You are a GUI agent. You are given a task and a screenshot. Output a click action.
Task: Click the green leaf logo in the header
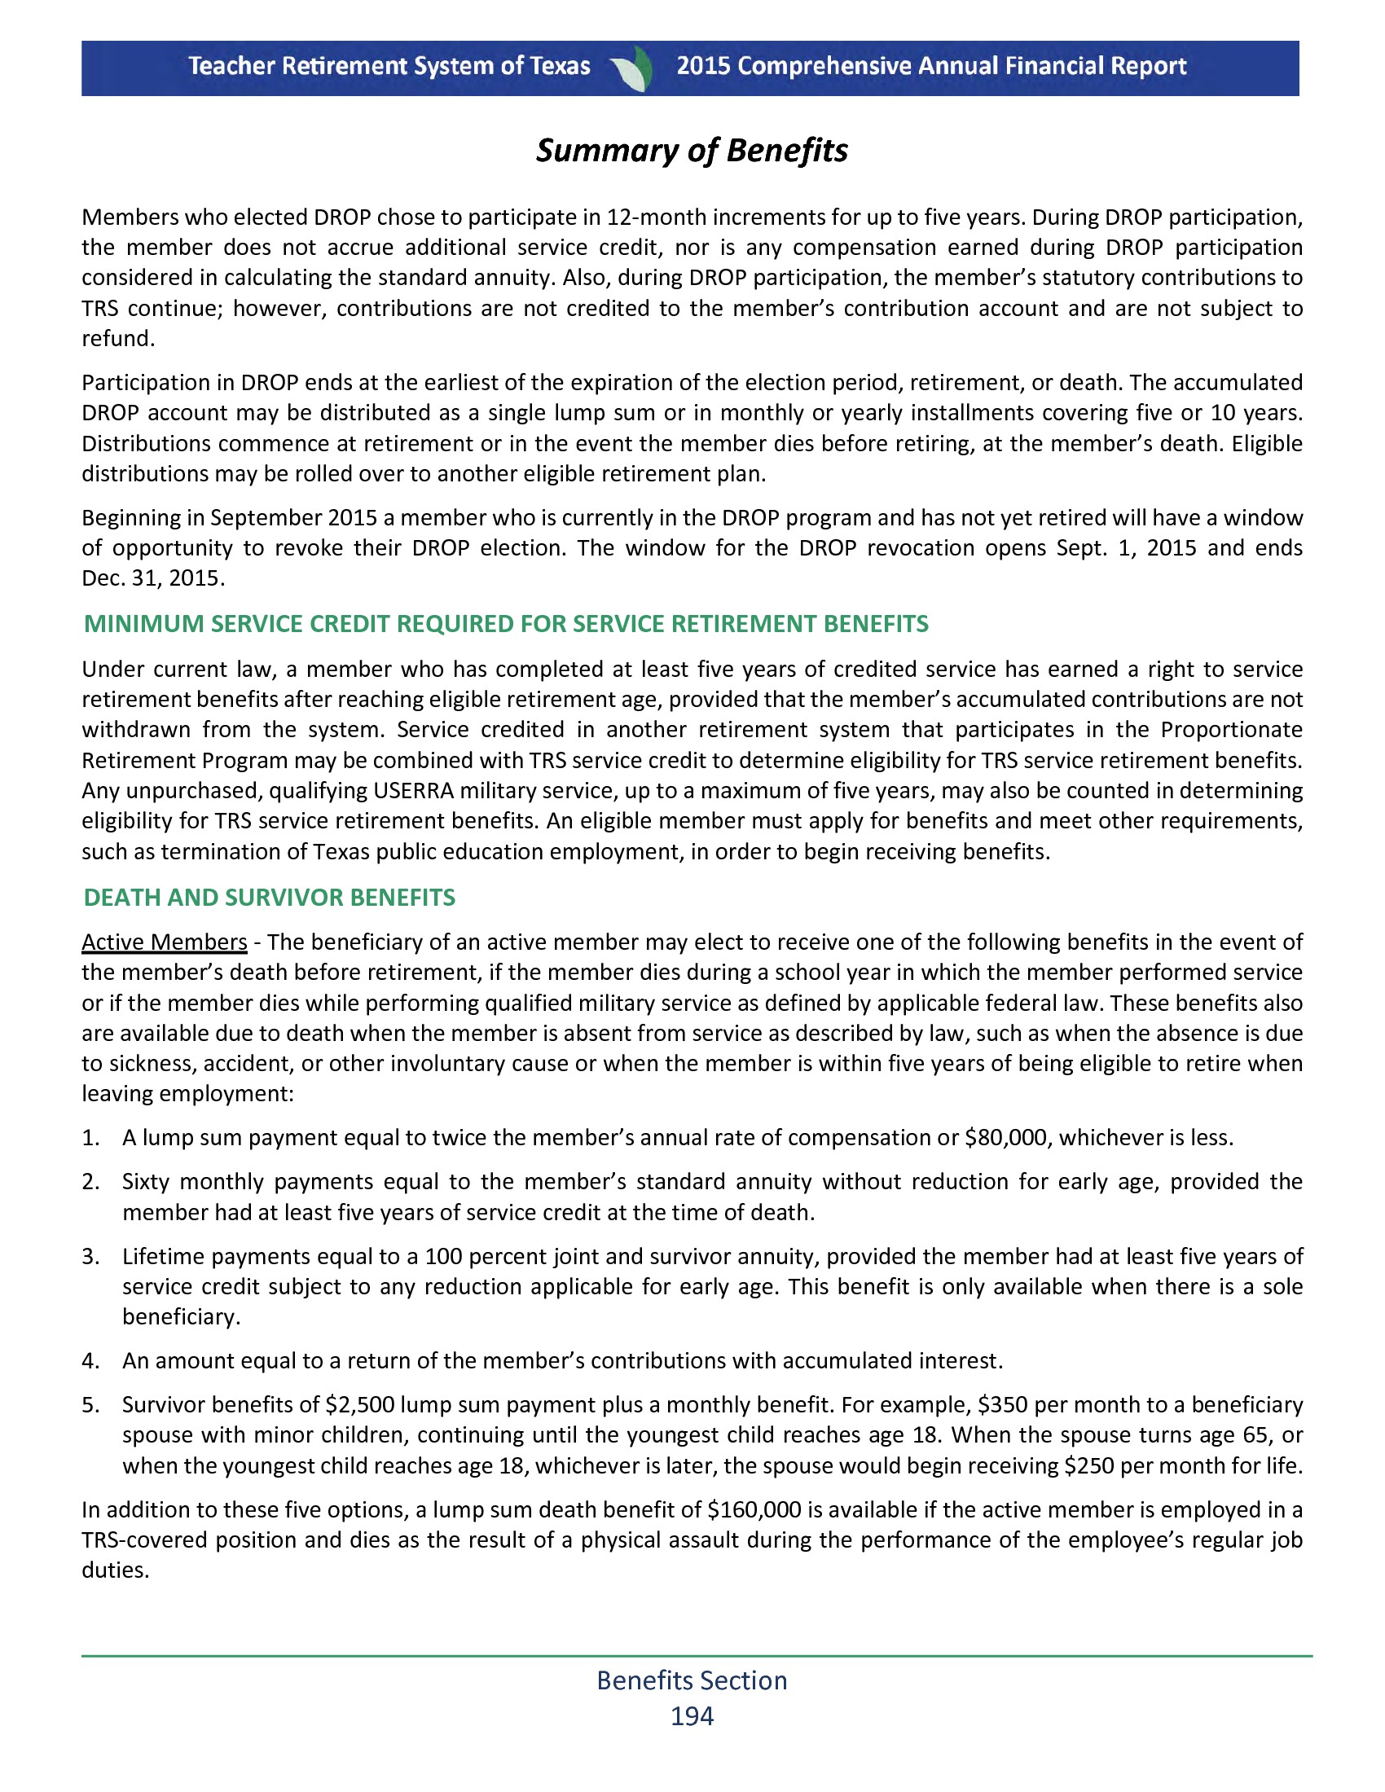click(x=634, y=68)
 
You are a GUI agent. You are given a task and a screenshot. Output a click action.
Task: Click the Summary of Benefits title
click(x=692, y=151)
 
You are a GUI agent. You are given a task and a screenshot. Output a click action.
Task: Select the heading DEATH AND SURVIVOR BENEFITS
click(x=269, y=898)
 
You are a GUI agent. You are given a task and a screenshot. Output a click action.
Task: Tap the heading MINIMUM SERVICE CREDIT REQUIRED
click(x=505, y=625)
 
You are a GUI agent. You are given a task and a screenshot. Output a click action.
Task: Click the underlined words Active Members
click(x=164, y=942)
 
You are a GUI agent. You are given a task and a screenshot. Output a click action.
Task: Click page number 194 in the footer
click(x=692, y=1715)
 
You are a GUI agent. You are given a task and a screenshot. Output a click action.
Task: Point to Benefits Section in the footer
click(x=692, y=1680)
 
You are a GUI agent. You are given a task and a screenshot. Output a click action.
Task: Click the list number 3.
click(x=90, y=1257)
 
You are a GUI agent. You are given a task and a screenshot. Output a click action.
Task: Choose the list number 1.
click(x=90, y=1138)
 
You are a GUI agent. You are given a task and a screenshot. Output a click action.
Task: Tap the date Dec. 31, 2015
click(x=152, y=578)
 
